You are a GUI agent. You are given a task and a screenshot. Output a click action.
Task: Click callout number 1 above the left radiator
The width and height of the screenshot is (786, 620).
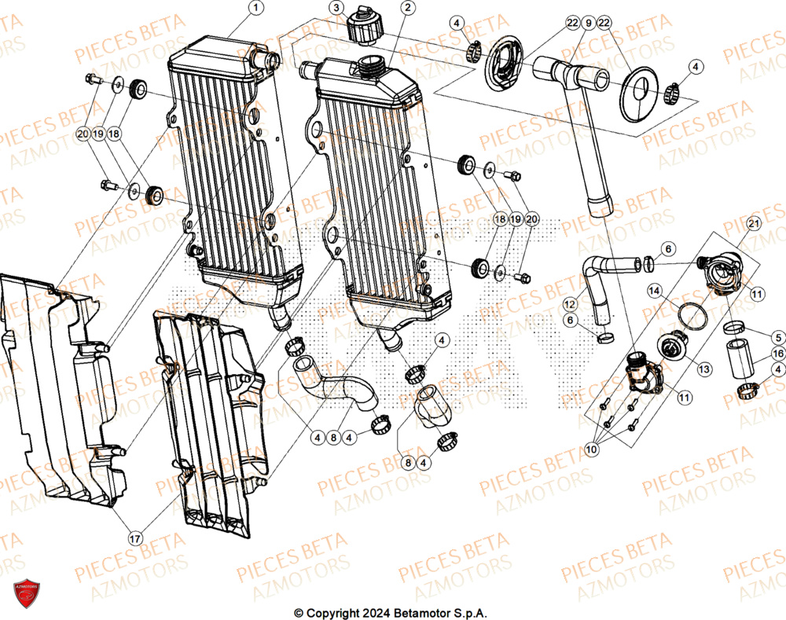[255, 9]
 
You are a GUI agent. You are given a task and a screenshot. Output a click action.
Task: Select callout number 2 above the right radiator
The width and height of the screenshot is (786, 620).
[406, 9]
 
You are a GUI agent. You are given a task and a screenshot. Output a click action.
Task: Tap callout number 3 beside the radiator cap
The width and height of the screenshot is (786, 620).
[336, 9]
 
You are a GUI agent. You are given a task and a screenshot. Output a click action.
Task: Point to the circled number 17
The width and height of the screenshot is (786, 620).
[135, 538]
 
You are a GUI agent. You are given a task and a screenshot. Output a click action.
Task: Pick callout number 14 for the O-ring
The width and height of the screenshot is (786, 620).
[653, 291]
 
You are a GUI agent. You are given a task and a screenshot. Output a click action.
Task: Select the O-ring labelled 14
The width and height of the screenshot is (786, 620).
[692, 315]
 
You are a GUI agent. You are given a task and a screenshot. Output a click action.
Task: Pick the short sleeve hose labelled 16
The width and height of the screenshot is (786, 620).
[740, 357]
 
